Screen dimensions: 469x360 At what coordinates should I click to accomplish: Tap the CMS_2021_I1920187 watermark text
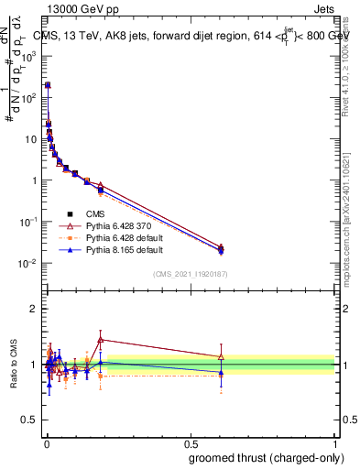[191, 274]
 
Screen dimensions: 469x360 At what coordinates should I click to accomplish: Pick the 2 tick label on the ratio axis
[34, 309]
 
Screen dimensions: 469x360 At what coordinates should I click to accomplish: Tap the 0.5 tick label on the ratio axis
[30, 421]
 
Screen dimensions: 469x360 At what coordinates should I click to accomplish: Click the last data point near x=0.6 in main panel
[221, 249]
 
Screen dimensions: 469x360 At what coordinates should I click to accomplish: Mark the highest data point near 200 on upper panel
[48, 85]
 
